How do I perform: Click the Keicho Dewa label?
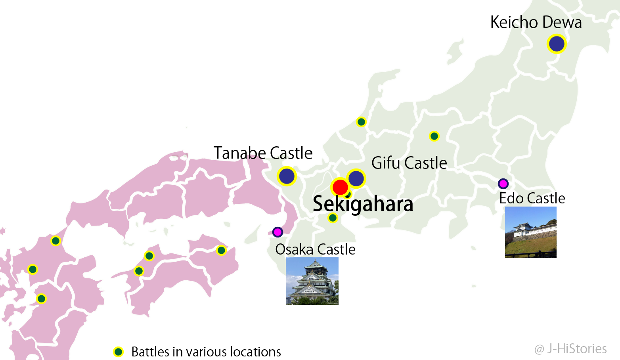click(536, 23)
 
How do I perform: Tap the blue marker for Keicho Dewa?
click(557, 44)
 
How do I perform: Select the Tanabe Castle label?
click(263, 153)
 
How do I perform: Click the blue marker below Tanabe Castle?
click(287, 176)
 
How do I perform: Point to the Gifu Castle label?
click(409, 163)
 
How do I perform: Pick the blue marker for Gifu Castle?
click(356, 178)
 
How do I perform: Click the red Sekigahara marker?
click(340, 187)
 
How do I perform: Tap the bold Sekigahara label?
click(363, 204)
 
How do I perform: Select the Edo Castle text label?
click(532, 198)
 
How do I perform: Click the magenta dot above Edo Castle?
click(503, 184)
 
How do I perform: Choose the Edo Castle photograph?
click(530, 232)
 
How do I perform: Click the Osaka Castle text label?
click(315, 249)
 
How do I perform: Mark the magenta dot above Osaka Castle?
click(277, 232)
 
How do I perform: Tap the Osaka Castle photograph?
click(312, 281)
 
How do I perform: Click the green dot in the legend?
click(119, 352)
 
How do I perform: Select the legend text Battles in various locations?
click(206, 352)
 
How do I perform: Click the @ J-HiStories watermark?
click(570, 349)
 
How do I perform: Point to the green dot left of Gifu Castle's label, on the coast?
click(361, 122)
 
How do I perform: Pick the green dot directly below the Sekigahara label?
click(333, 218)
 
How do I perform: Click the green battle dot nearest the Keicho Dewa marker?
click(434, 136)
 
